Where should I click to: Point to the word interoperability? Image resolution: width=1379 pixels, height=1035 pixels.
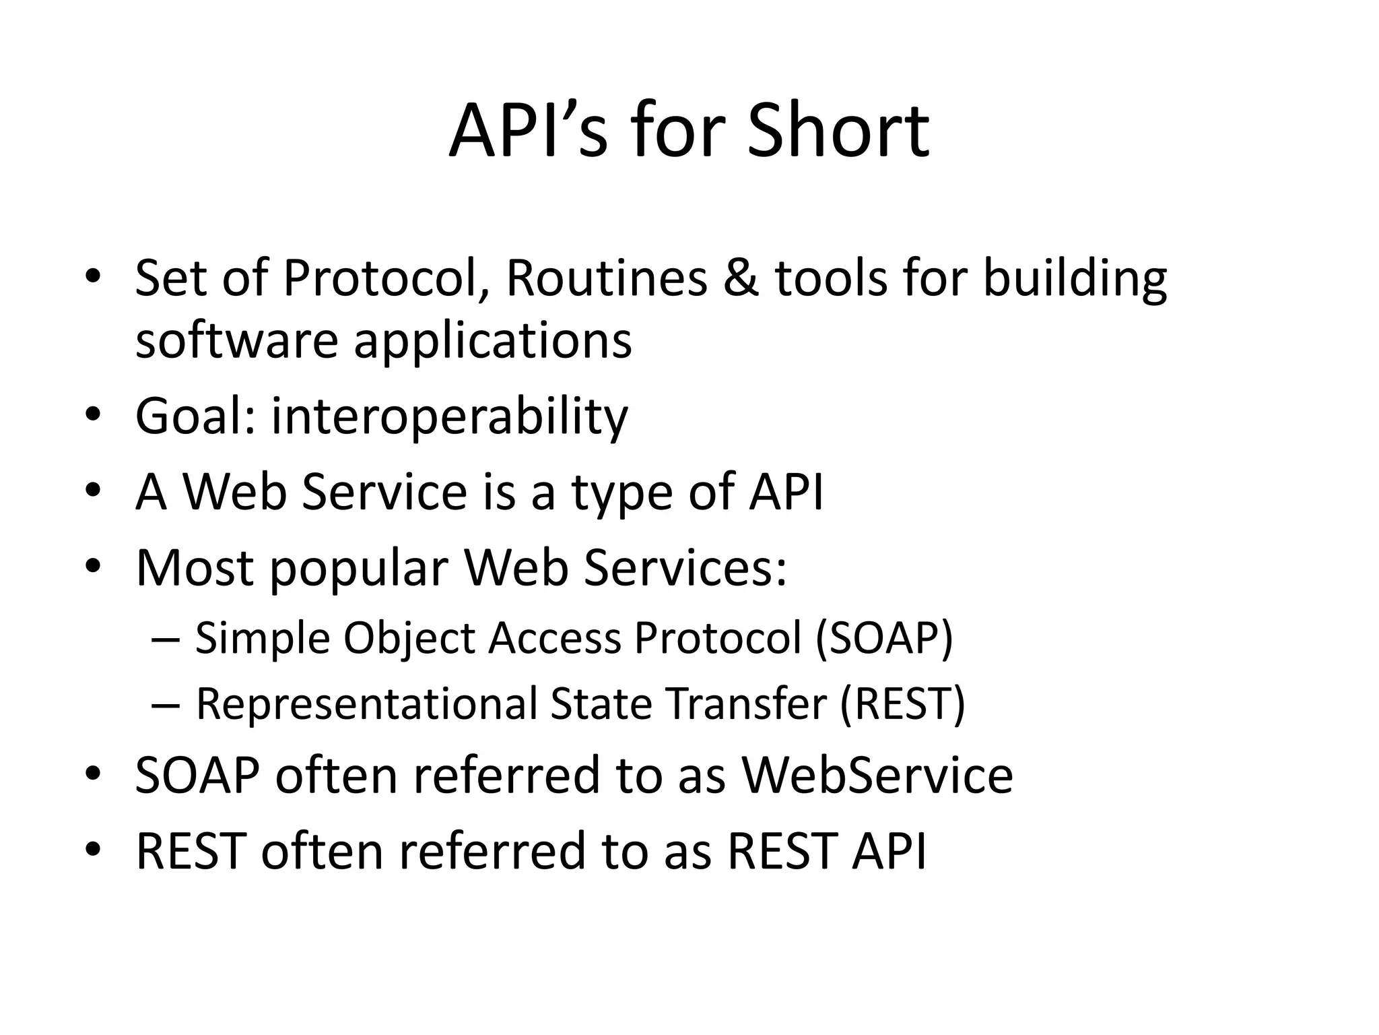pos(449,416)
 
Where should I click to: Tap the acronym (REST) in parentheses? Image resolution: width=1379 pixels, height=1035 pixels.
pos(902,703)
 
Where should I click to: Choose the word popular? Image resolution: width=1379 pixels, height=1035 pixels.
pos(359,568)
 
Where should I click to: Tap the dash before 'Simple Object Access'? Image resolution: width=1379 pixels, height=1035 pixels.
pos(166,638)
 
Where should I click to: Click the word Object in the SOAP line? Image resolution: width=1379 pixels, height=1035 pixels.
pos(409,638)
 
